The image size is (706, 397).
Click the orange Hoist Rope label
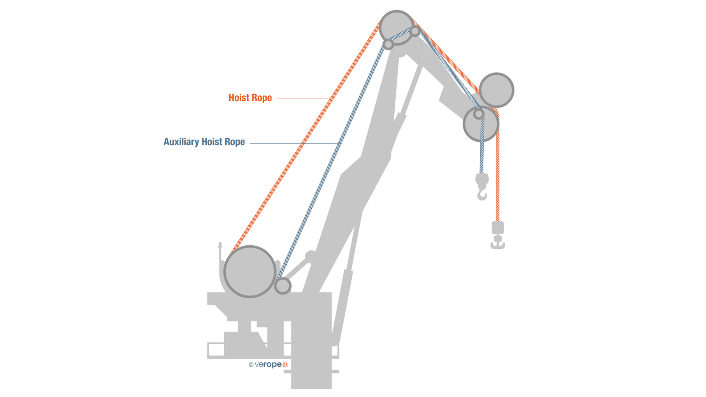[250, 98]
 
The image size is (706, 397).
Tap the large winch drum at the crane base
[250, 272]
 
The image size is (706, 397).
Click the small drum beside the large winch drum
[283, 286]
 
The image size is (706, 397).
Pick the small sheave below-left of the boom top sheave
[388, 44]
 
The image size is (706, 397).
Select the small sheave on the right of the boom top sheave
[415, 31]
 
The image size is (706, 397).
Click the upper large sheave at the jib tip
[496, 90]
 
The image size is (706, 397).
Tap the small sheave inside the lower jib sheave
[478, 114]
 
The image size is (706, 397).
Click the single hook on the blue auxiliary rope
[482, 194]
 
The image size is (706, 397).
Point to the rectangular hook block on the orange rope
[497, 228]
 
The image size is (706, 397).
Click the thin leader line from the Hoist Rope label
[304, 98]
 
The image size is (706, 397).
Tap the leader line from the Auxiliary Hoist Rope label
[294, 144]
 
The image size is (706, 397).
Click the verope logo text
[268, 365]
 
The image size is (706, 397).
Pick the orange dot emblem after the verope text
[285, 365]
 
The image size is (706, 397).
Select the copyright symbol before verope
[251, 365]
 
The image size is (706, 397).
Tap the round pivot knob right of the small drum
[310, 256]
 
